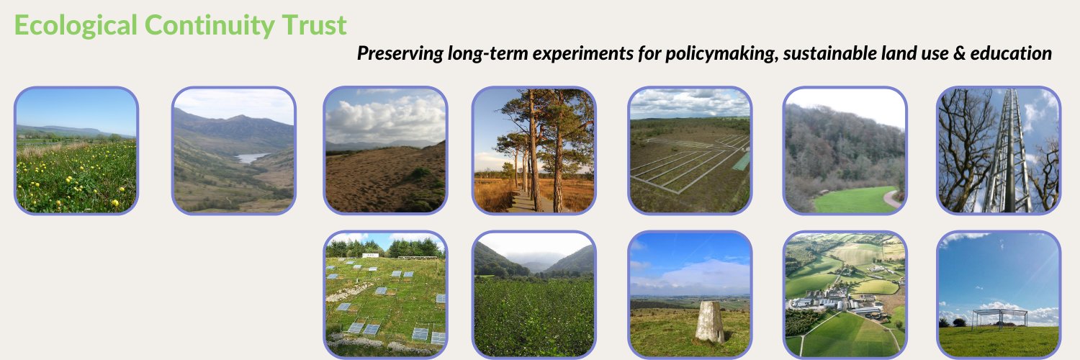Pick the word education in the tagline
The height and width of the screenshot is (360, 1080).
(x=1012, y=53)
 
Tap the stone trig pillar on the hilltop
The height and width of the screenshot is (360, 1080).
(x=709, y=321)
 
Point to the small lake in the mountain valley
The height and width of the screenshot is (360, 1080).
(x=253, y=158)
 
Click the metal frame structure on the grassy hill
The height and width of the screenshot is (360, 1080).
(x=999, y=318)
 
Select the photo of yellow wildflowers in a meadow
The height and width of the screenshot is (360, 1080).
(x=76, y=150)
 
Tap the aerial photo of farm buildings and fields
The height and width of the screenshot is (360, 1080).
(x=845, y=294)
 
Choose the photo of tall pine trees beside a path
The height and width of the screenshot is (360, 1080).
(x=534, y=150)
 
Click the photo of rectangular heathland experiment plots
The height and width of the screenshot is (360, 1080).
(x=690, y=150)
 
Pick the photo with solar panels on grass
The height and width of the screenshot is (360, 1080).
(x=385, y=294)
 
